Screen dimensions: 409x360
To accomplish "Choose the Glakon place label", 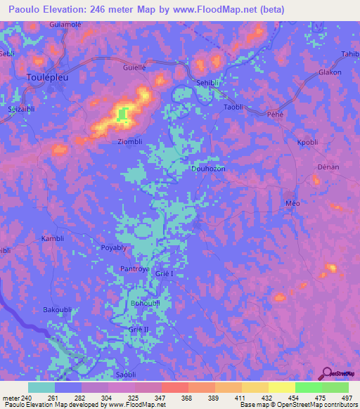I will pyautogui.click(x=330, y=72).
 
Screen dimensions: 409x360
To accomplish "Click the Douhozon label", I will pyautogui.click(x=207, y=169).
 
